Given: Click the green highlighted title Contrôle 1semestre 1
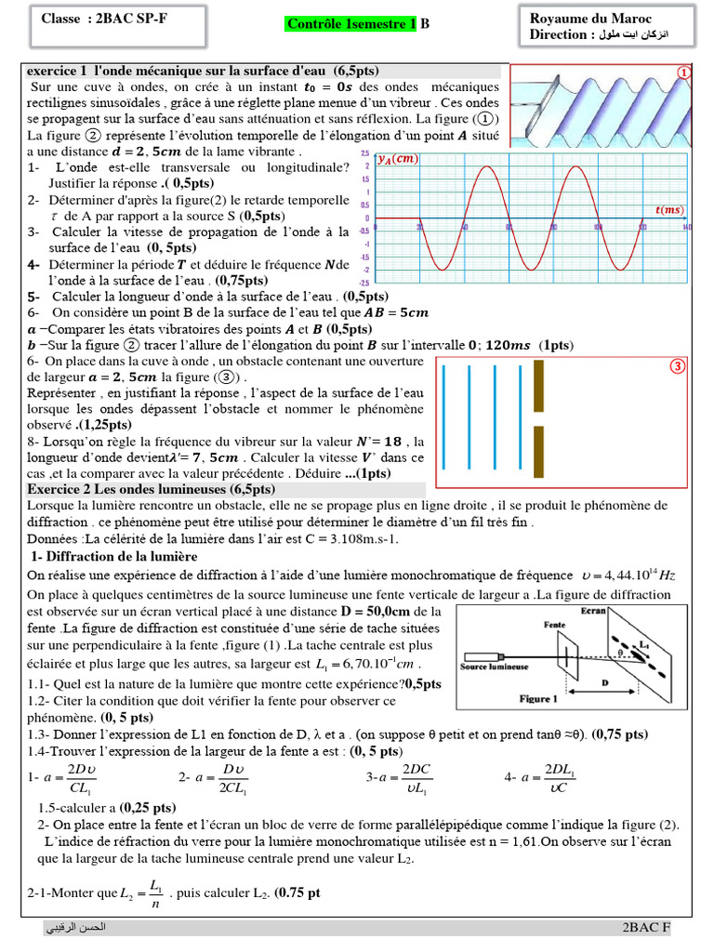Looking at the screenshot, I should tap(351, 25).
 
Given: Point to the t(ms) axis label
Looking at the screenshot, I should tap(668, 210).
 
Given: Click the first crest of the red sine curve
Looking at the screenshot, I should tap(487, 167).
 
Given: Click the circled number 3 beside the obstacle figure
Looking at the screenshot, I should tap(678, 366).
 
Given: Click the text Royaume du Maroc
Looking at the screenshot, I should tap(590, 19).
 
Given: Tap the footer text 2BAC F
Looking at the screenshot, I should tap(646, 929).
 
